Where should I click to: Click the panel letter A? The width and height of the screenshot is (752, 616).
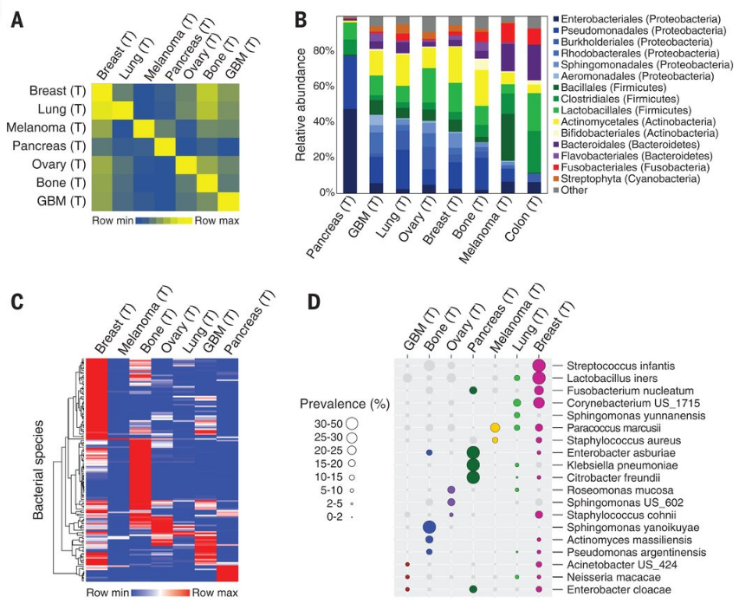[x=16, y=20]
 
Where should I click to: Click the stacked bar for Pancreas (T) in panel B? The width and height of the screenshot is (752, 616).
[x=350, y=105]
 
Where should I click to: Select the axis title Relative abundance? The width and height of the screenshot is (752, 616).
[x=301, y=105]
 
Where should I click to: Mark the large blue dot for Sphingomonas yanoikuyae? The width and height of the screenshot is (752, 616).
[x=429, y=527]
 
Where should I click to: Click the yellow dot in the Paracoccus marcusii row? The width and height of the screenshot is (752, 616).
[x=495, y=428]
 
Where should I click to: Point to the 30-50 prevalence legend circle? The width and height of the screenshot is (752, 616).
[x=353, y=423]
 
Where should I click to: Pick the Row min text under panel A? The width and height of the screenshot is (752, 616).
[x=112, y=221]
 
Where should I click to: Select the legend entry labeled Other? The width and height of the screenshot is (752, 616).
[x=577, y=191]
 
